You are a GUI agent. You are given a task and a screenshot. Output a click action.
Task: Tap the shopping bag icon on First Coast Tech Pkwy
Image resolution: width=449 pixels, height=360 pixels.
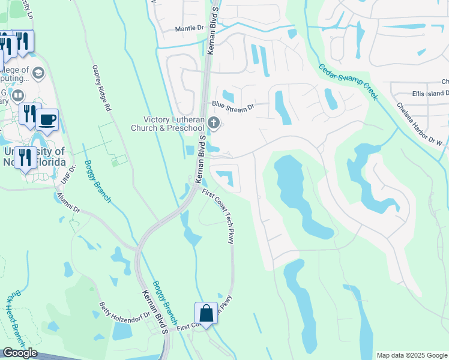(x=205, y=313)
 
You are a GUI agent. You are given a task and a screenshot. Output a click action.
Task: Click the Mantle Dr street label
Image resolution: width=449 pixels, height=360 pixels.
(x=190, y=28)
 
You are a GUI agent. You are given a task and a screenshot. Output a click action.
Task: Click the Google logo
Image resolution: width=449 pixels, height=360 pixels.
(x=19, y=353)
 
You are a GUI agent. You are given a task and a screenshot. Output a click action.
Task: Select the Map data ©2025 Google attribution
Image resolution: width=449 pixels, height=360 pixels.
(x=411, y=355)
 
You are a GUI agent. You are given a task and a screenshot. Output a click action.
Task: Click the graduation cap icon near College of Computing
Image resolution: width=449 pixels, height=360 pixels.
(x=38, y=73)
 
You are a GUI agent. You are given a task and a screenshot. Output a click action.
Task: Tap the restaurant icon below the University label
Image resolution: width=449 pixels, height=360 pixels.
(x=25, y=158)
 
